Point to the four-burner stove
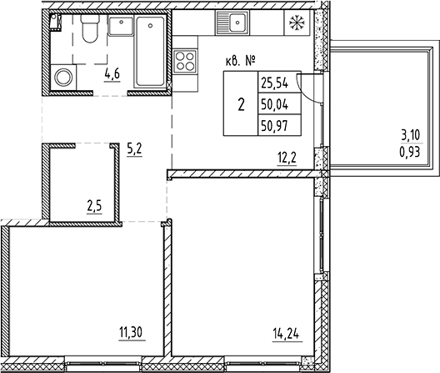point(184,62)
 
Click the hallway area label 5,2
point(134,151)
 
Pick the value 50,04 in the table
point(273,106)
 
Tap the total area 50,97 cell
point(273,127)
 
